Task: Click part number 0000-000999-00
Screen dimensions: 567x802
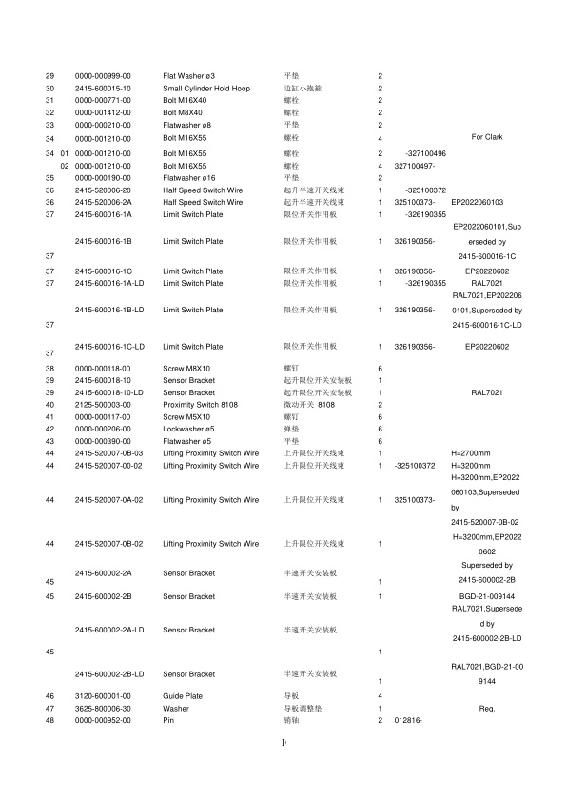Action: (x=103, y=75)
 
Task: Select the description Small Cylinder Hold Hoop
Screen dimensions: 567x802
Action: (x=206, y=88)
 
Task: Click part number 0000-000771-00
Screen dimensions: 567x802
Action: (x=103, y=100)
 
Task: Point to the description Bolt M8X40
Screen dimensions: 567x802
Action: (x=183, y=112)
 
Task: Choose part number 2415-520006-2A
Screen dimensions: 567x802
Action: (x=103, y=202)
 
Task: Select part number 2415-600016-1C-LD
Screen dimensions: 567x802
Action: (x=108, y=346)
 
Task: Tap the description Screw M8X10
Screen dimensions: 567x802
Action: (x=186, y=368)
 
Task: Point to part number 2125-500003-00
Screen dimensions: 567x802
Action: (x=103, y=405)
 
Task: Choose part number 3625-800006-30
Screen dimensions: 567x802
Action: (x=103, y=709)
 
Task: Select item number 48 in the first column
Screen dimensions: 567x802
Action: (x=49, y=721)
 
